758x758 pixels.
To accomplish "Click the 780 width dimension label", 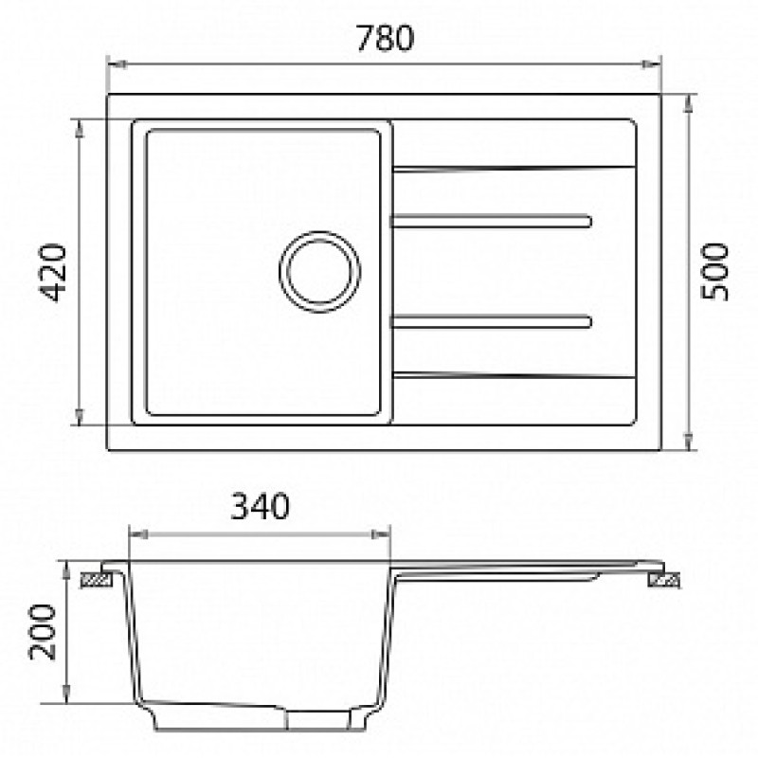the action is pos(386,38).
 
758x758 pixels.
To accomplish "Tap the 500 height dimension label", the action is pos(714,272).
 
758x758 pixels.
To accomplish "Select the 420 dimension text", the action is pos(52,273).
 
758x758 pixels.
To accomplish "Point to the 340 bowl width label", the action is pos(260,506).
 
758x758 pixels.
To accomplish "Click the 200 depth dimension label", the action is pos(42,631).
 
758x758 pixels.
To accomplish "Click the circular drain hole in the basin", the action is pos(319,272).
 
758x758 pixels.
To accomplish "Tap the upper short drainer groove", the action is pos(491,221).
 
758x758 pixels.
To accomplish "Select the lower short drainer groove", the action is pos(491,321).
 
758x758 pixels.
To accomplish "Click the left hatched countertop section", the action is pos(97,580).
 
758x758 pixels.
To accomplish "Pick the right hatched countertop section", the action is pos(664,580).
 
